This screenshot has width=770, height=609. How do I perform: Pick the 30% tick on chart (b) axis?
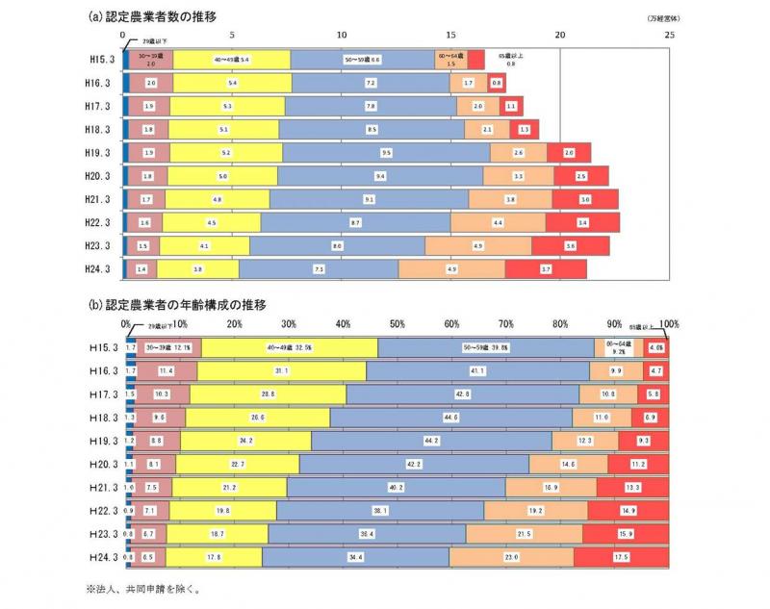(288, 323)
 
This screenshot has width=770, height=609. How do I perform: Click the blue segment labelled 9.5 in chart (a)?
(386, 152)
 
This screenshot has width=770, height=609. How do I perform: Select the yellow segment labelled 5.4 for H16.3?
(232, 83)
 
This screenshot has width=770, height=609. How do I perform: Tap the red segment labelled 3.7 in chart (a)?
(546, 269)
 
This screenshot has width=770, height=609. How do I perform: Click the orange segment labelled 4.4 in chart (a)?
(498, 223)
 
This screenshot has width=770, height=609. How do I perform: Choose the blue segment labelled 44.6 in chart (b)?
(450, 418)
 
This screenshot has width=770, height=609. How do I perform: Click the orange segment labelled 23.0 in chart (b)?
(511, 557)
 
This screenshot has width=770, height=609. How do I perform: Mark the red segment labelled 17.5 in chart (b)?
(621, 557)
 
